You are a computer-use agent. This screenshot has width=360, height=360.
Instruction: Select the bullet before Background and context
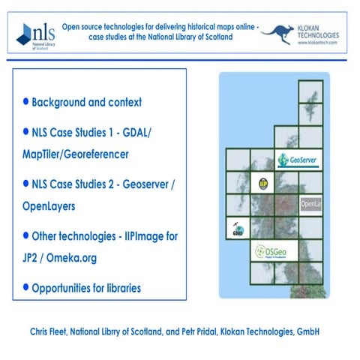(26, 101)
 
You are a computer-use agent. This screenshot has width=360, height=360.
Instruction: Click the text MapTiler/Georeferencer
(76, 154)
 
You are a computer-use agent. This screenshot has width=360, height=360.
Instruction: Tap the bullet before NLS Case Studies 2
(26, 183)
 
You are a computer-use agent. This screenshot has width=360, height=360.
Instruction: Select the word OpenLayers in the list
(55, 205)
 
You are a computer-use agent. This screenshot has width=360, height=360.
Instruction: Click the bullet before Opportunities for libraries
(26, 287)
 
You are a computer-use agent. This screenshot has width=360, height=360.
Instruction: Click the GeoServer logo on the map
(292, 160)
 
